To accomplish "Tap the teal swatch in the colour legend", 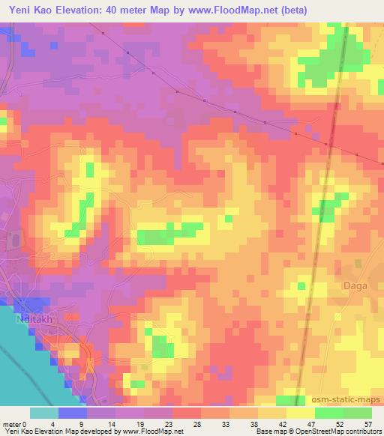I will pos(44,413).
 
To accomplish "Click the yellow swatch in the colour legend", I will pos(300,413).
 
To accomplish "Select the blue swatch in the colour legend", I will pos(73,413).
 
